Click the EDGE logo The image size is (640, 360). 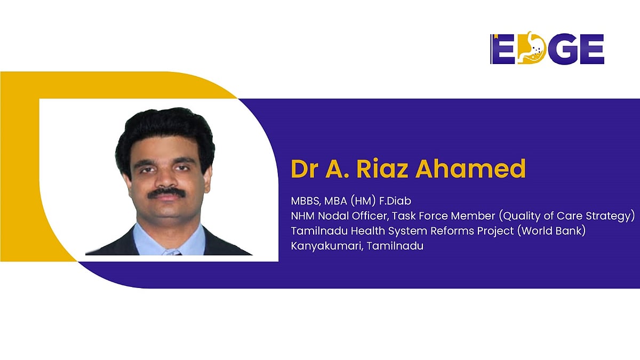(547, 49)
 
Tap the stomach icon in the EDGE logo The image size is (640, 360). (530, 49)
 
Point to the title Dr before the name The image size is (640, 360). (303, 169)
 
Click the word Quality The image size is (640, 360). (508, 217)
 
